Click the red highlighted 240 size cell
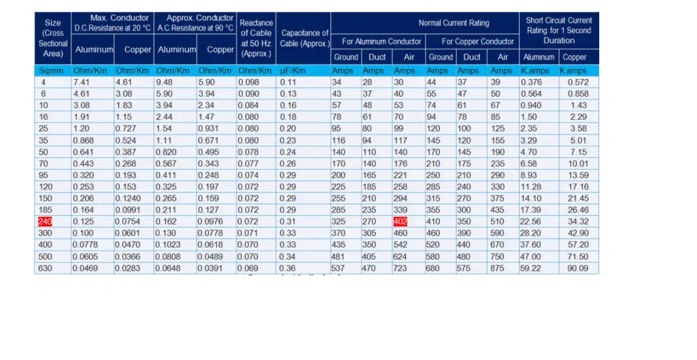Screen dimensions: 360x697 [x=45, y=222]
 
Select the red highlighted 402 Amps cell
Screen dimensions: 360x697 [x=400, y=222]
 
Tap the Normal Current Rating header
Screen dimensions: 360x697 [x=453, y=23]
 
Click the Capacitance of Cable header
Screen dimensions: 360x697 [x=305, y=38]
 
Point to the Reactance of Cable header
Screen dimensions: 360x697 [x=256, y=38]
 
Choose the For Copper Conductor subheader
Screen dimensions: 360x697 [x=478, y=41]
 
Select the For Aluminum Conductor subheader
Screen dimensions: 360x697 [x=382, y=41]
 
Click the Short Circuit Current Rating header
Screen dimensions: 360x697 [x=559, y=30]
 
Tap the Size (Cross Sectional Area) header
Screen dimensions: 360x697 [x=53, y=38]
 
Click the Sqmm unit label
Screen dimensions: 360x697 [x=52, y=70]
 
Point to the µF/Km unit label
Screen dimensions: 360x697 [x=292, y=70]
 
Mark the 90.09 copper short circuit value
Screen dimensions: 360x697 [x=578, y=268]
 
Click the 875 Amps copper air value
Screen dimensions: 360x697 [x=499, y=268]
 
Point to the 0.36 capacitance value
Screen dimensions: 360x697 [x=288, y=268]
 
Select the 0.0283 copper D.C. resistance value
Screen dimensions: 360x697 [x=127, y=268]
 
